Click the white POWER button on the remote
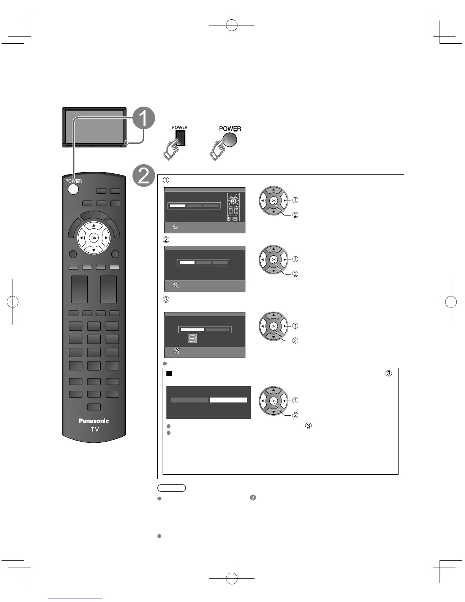click(x=73, y=189)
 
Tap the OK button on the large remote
click(x=93, y=238)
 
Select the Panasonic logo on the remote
click(x=93, y=421)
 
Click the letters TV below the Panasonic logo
click(x=95, y=429)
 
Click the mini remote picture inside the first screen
click(x=233, y=207)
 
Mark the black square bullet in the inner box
click(x=169, y=374)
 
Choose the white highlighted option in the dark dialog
click(x=228, y=400)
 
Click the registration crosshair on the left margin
click(x=13, y=302)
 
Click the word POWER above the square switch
click(x=180, y=127)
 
